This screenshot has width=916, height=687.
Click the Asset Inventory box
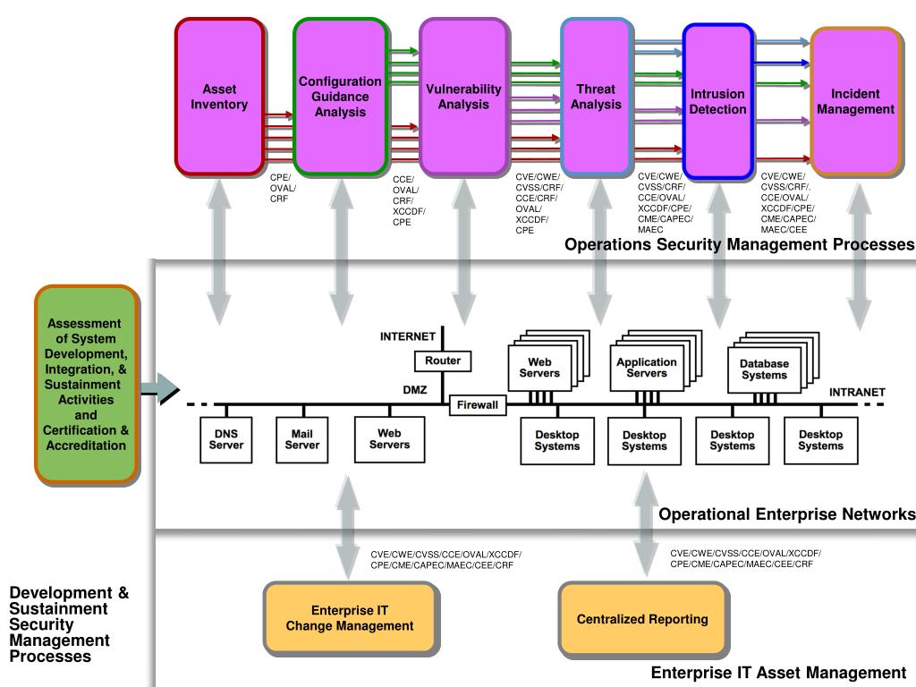point(219,97)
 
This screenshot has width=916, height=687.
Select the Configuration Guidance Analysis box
point(340,97)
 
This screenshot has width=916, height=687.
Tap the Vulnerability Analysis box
point(463,97)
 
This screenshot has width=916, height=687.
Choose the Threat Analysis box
point(596,97)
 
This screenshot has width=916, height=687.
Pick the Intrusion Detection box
point(717,101)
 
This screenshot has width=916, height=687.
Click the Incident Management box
point(855,101)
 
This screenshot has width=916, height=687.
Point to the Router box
point(443,360)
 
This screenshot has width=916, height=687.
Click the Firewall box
point(477,405)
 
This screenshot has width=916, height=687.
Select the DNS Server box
point(226,439)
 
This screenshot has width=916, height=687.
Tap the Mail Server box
point(302,439)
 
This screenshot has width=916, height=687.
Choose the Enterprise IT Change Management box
point(350,618)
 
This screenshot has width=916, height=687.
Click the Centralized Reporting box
point(641,618)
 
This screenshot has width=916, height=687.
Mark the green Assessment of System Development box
point(86,384)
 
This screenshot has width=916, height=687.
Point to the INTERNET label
point(407,337)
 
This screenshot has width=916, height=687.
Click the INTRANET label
point(857,392)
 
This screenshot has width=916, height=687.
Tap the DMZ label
point(415,390)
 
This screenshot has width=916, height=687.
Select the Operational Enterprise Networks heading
point(786,514)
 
